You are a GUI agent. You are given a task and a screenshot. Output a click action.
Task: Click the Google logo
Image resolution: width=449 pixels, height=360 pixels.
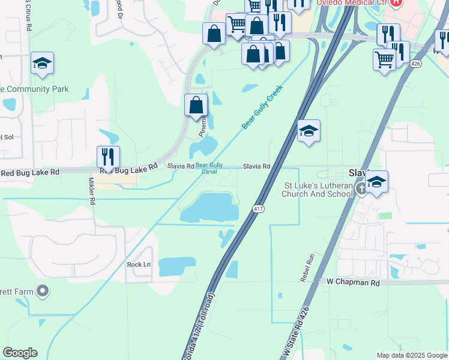pos(20,353)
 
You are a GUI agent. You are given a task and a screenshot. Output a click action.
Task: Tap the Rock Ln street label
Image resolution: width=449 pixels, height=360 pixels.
pos(139,265)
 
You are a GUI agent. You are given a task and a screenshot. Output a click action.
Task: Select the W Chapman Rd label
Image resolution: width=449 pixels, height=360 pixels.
pos(354,282)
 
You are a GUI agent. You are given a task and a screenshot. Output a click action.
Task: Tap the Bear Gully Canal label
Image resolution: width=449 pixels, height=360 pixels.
pos(209,168)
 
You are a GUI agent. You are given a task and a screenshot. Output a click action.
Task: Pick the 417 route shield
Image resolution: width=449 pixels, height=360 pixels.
pos(258,209)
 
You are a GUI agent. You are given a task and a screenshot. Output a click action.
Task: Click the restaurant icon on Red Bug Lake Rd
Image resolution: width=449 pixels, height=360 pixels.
pos(108,157)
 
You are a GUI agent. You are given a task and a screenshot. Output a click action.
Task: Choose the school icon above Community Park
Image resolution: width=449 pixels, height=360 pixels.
pos(42,64)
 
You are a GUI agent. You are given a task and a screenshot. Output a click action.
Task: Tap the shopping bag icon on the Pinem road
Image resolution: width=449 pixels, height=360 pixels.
pos(196,106)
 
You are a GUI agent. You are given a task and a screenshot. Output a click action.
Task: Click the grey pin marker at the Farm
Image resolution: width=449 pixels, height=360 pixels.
pos(42,292)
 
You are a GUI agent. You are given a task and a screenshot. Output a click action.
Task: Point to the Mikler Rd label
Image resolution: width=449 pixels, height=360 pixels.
pos(92,191)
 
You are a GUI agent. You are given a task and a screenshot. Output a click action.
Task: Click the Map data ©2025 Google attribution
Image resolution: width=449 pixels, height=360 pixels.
pos(412,355)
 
